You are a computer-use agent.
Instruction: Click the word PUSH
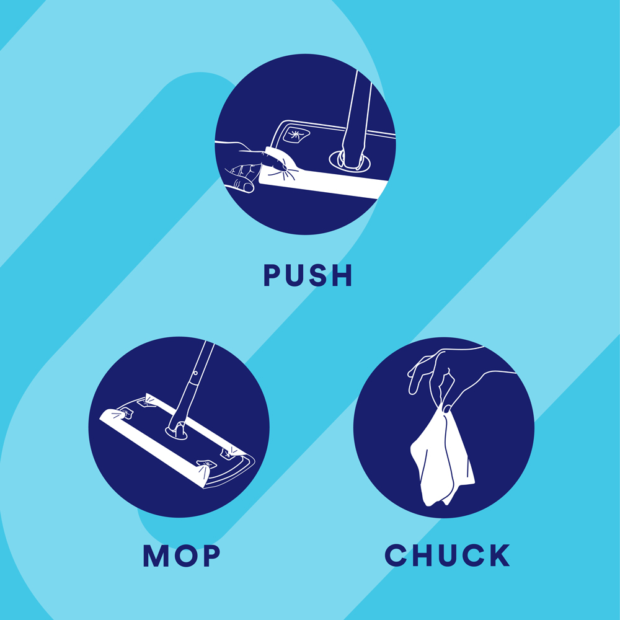pos(308,275)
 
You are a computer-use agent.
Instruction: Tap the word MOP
pos(182,556)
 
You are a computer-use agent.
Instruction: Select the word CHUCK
pos(447,555)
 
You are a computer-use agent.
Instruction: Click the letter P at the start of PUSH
pos(272,275)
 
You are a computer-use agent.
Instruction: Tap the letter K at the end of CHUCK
pos(500,555)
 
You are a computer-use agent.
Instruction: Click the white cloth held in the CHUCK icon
pos(442,458)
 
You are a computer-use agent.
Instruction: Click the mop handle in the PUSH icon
pos(355,118)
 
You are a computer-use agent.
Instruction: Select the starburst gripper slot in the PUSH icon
pos(295,135)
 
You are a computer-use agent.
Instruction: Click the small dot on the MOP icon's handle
pos(195,373)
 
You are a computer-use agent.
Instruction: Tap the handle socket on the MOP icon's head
pos(176,432)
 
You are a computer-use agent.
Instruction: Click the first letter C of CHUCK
pos(396,555)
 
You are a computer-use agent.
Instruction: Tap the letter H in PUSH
pos(342,275)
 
